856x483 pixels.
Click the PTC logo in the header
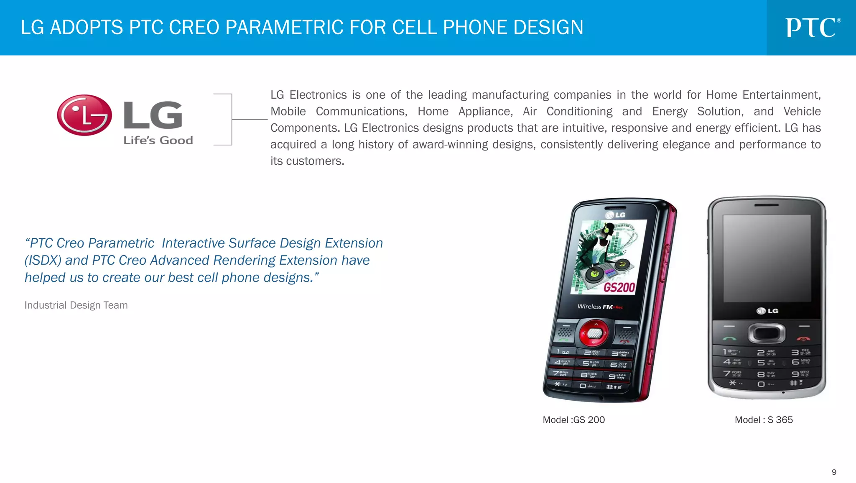[x=812, y=28]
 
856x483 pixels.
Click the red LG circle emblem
[x=84, y=115]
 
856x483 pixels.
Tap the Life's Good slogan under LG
[x=158, y=141]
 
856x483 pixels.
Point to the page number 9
[x=834, y=472]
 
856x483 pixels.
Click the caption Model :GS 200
[x=573, y=420]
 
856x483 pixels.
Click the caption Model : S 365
[x=764, y=420]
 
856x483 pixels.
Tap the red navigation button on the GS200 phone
[x=594, y=333]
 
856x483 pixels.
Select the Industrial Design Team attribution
[x=76, y=305]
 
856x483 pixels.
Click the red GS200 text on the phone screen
[x=619, y=288]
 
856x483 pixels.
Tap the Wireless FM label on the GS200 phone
[x=595, y=307]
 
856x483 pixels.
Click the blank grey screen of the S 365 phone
[x=767, y=258]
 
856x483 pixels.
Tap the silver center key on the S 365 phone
[x=767, y=333]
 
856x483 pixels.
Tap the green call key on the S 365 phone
[x=730, y=338]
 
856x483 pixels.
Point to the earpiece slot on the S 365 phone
[x=767, y=205]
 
